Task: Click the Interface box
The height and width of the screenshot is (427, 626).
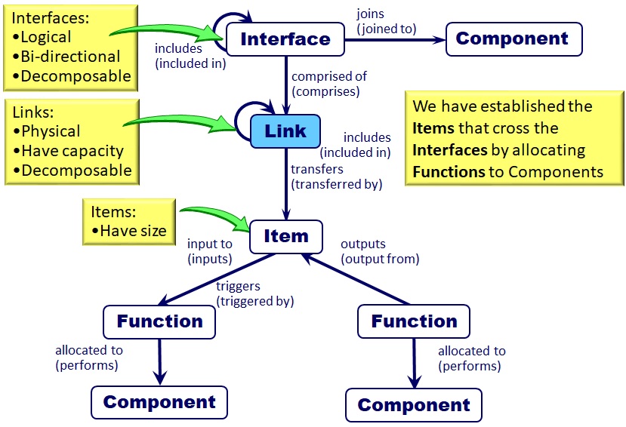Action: [285, 39]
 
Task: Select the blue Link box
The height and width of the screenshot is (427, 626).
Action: [285, 131]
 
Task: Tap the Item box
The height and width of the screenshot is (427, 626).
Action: [285, 236]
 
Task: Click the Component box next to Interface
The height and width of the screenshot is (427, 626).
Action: [513, 39]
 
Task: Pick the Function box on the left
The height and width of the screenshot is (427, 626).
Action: [159, 322]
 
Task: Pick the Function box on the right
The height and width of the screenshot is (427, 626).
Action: [414, 322]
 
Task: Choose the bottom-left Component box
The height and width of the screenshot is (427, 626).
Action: [159, 402]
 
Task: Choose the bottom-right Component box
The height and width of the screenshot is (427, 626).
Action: [414, 405]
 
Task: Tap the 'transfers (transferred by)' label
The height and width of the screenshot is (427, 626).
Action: [336, 176]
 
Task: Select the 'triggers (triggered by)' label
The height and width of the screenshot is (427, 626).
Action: [254, 293]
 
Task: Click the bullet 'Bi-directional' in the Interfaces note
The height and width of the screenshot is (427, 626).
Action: [70, 57]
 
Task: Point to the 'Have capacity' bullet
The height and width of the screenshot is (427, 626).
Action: [72, 151]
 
